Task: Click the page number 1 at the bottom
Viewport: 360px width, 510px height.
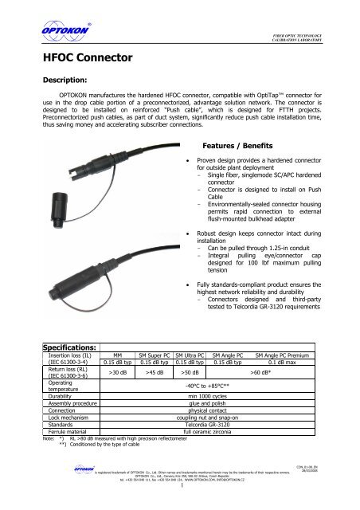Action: (x=182, y=498)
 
